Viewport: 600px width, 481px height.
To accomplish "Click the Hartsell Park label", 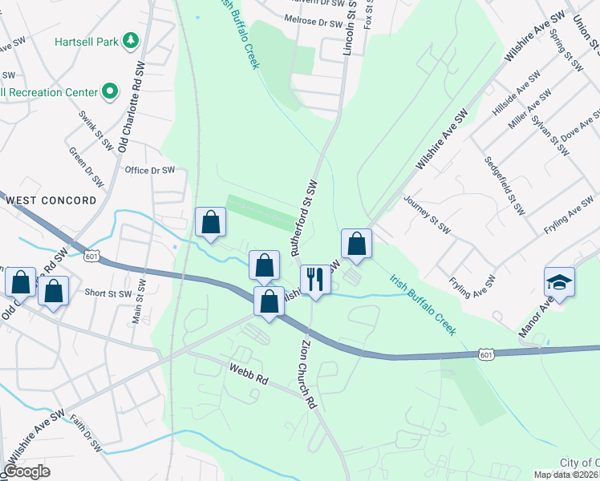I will point(84,41).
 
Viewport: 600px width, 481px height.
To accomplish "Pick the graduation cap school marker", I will point(559,282).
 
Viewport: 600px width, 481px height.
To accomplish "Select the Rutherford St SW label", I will point(311,216).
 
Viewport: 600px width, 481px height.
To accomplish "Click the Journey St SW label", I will point(428,213).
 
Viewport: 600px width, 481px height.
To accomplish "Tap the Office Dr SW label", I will point(150,170).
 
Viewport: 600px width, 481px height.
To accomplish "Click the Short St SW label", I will point(107,293).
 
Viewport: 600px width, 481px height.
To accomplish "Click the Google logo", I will point(27,471).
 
